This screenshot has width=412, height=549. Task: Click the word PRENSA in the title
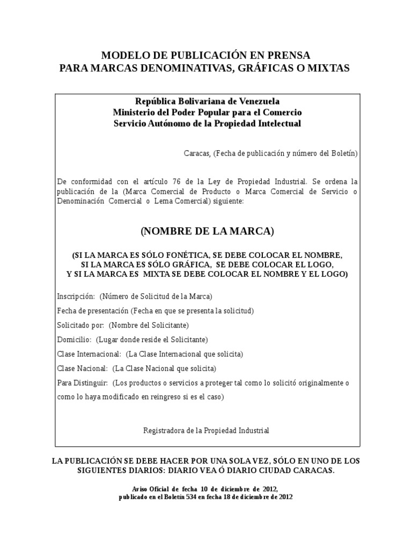[x=289, y=55]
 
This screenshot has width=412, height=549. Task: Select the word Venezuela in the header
[x=255, y=101]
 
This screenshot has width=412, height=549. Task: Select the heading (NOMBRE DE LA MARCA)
[x=207, y=231]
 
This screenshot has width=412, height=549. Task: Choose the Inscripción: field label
[x=76, y=296]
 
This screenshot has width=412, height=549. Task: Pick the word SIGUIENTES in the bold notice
[x=102, y=470]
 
